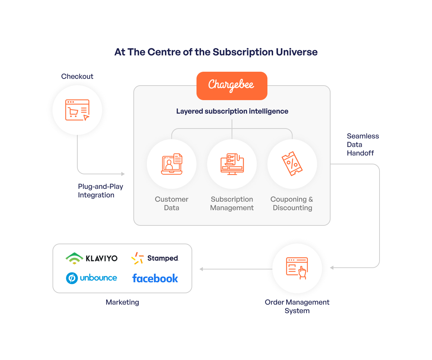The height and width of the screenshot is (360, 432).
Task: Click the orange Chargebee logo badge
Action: click(x=232, y=86)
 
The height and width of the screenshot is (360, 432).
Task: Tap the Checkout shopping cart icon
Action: click(x=77, y=110)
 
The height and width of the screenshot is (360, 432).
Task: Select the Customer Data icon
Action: click(x=172, y=164)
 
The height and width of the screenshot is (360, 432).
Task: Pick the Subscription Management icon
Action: click(x=232, y=164)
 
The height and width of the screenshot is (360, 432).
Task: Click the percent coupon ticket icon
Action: click(x=292, y=164)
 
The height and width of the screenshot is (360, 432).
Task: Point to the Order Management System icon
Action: click(x=297, y=268)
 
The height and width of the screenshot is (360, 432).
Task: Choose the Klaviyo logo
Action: click(x=92, y=258)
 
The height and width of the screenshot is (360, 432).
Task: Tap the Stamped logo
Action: click(x=155, y=258)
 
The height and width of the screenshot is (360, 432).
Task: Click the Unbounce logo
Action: click(x=92, y=278)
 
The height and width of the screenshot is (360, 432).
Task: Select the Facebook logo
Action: click(x=155, y=278)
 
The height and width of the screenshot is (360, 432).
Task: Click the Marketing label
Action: click(x=122, y=302)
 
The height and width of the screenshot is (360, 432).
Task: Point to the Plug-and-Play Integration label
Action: click(x=100, y=191)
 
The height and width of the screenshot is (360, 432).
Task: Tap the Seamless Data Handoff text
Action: click(x=362, y=144)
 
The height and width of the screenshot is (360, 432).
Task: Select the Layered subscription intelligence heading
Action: click(x=232, y=111)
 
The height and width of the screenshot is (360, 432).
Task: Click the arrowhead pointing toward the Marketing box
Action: click(x=201, y=269)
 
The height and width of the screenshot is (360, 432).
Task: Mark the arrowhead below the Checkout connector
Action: click(x=123, y=174)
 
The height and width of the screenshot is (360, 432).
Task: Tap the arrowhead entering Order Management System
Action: click(x=332, y=268)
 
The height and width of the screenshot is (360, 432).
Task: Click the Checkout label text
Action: click(x=77, y=76)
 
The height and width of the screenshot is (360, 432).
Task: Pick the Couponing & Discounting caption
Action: click(x=292, y=203)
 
